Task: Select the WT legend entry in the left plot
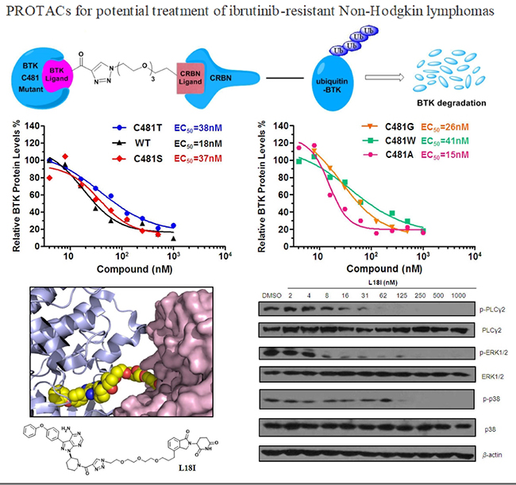[x=137, y=144]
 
